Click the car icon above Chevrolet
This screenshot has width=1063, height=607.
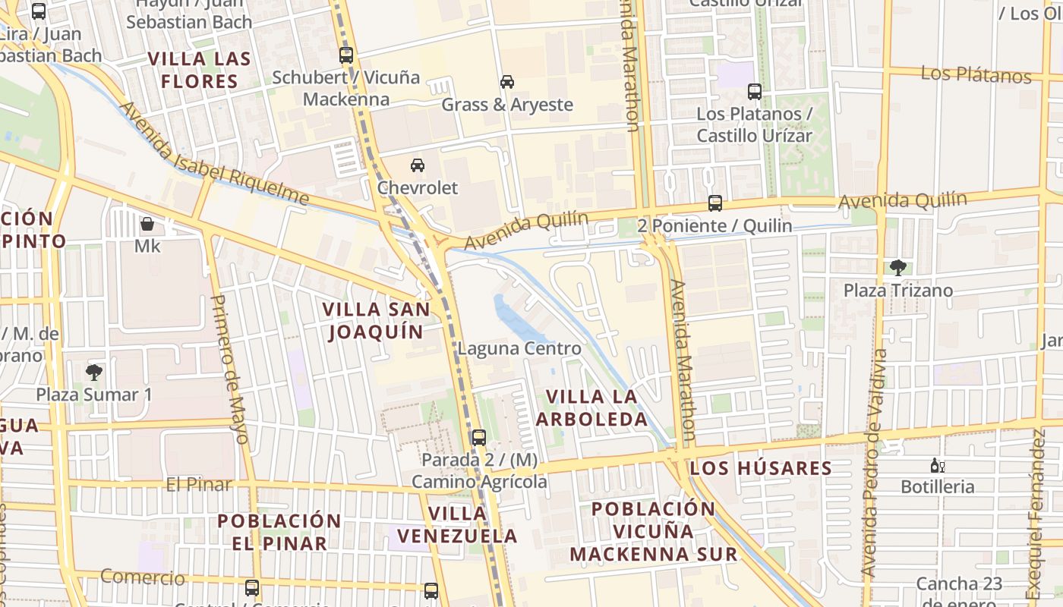pos(417,165)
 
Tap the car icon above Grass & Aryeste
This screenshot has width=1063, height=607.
pos(506,82)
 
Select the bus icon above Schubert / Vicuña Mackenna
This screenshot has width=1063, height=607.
pos(346,55)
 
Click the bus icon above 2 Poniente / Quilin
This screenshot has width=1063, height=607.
pos(714,203)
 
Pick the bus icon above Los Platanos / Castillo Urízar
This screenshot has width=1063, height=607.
pos(754,92)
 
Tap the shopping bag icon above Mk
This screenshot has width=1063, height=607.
pos(147,225)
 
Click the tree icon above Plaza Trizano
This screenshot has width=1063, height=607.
pos(898,267)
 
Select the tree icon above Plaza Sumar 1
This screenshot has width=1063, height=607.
pos(94,372)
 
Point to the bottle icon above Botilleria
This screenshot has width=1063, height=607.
pos(937,465)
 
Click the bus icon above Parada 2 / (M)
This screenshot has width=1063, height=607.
pos(478,438)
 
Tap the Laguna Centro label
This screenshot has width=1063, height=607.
pos(519,349)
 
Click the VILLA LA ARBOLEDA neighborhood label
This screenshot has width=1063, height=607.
pos(592,407)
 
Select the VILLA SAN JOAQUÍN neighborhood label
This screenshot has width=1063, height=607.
pos(376,320)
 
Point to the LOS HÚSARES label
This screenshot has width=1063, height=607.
pos(761,468)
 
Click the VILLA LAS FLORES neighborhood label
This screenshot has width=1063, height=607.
pos(199,70)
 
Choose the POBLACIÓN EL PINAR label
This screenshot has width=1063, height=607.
pos(279,532)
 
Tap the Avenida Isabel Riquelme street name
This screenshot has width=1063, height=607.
pos(214,156)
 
